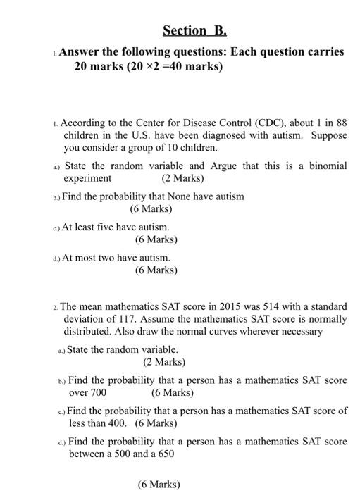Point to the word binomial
point(327,166)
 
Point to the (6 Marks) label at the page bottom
point(159,485)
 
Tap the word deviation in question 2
point(87,319)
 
